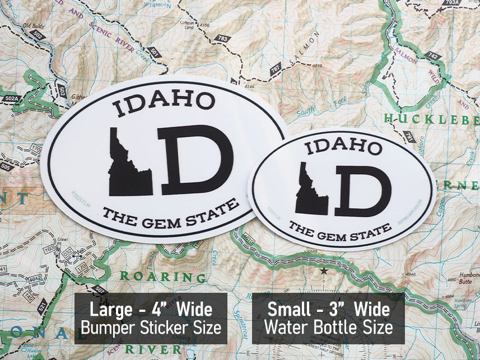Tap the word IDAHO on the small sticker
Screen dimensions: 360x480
click(x=343, y=147)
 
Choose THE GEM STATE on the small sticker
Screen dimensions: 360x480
click(x=340, y=229)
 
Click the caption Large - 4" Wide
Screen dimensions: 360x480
click(x=151, y=309)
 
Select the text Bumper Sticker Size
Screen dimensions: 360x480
click(x=151, y=328)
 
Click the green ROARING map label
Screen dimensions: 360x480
click(x=155, y=276)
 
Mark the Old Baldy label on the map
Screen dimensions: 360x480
click(x=34, y=26)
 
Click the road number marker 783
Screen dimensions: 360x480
click(x=223, y=39)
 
